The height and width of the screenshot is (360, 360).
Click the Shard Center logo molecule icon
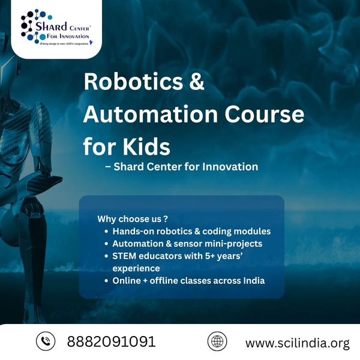(x=31, y=25)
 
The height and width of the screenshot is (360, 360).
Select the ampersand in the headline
(x=197, y=82)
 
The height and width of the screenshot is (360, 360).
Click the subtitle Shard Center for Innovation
(x=181, y=167)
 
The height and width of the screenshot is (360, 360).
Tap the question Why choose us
(x=132, y=218)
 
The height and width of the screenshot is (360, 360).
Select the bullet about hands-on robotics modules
(x=191, y=231)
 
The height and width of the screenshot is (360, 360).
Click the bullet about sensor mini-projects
(x=188, y=244)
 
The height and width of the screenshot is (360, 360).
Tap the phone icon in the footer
(x=46, y=341)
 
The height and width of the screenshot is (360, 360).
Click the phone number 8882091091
(x=112, y=342)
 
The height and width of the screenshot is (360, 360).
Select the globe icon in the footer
(x=217, y=341)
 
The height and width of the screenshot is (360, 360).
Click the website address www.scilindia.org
(x=298, y=343)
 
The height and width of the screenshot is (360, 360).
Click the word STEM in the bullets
(x=125, y=256)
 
